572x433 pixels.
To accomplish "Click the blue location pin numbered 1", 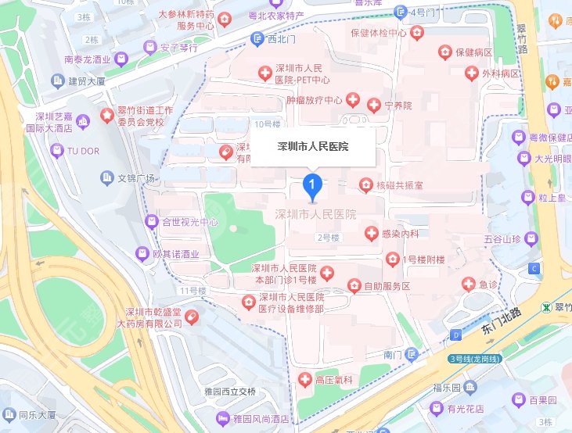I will [312, 185].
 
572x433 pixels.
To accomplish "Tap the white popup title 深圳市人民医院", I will [313, 146].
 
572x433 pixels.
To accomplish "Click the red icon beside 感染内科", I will [372, 233].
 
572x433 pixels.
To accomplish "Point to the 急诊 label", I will [488, 284].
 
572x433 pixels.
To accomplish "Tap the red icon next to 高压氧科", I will [305, 380].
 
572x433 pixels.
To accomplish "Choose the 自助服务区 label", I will [387, 286].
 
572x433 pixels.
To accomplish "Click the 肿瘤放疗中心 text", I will [315, 100].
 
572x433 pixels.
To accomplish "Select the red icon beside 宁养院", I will [372, 104].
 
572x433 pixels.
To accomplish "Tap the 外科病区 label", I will [502, 73].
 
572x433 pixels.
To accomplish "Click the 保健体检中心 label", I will [378, 33].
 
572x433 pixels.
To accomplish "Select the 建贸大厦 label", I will [88, 81].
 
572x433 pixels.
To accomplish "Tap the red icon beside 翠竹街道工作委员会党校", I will [106, 117].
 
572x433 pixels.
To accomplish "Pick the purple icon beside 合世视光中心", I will [152, 222].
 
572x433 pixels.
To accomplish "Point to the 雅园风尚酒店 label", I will [261, 419].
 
